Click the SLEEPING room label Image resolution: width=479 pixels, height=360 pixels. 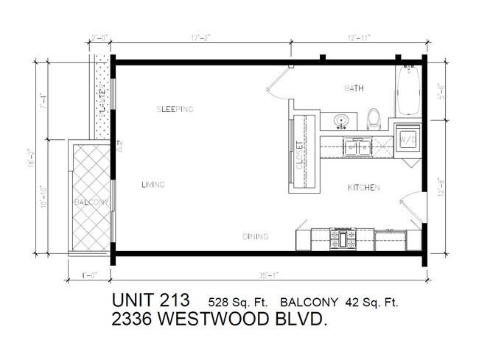pyautogui.click(x=175, y=110)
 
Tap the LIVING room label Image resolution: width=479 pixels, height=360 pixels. pyautogui.click(x=153, y=185)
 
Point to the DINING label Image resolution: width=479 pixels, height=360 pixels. pyautogui.click(x=255, y=236)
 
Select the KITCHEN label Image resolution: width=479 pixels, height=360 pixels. pyautogui.click(x=363, y=188)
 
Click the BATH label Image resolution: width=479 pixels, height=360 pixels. pyautogui.click(x=354, y=88)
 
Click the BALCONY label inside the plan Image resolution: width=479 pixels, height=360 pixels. pyautogui.click(x=91, y=202)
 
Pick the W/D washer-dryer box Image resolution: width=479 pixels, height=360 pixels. pyautogui.click(x=407, y=138)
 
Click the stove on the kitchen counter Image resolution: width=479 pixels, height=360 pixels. pyautogui.click(x=343, y=239)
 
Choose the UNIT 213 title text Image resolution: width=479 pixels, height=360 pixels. pyautogui.click(x=151, y=301)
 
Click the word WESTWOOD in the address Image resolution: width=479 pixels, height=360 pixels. pyautogui.click(x=226, y=321)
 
